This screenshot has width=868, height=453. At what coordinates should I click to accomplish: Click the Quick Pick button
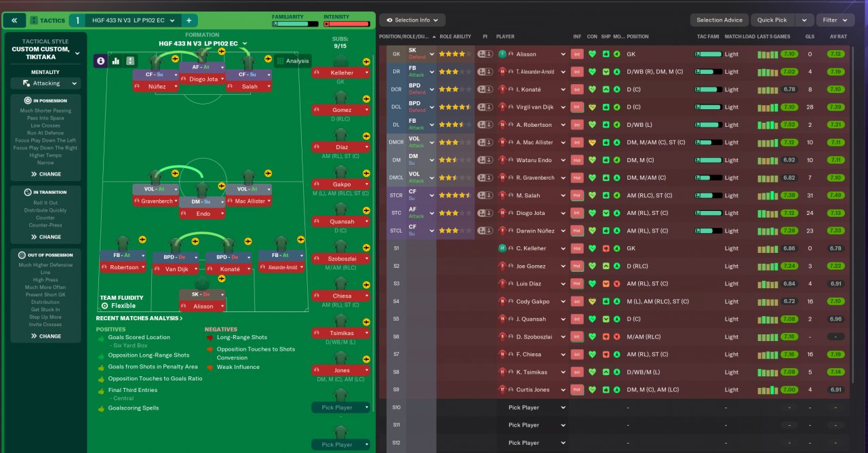click(772, 20)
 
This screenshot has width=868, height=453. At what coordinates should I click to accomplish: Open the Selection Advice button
click(719, 20)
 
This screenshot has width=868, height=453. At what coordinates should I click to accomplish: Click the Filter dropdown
click(834, 20)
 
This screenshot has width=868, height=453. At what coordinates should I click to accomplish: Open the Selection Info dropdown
click(412, 20)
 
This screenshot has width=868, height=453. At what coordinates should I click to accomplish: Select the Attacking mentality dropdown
click(46, 83)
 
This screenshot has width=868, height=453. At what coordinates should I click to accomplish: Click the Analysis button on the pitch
click(293, 61)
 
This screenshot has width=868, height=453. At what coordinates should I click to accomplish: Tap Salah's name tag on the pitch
click(250, 87)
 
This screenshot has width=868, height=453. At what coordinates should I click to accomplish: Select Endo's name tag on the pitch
click(202, 214)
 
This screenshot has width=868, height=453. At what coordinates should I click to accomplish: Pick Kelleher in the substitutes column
click(341, 73)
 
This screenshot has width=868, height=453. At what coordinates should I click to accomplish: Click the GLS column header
click(810, 37)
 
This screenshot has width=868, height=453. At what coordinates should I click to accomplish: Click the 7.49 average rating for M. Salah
click(835, 195)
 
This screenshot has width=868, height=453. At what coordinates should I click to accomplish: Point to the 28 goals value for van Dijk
click(810, 107)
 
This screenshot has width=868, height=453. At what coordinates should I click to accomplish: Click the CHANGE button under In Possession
click(45, 174)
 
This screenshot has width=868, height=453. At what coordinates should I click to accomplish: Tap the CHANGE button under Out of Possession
click(45, 336)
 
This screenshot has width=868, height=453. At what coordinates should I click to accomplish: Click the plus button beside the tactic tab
click(189, 20)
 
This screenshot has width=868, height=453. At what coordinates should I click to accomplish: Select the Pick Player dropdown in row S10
click(536, 408)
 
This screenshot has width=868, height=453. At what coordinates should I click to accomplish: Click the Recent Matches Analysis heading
click(139, 318)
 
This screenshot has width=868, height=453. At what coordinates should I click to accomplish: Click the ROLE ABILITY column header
click(455, 37)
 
